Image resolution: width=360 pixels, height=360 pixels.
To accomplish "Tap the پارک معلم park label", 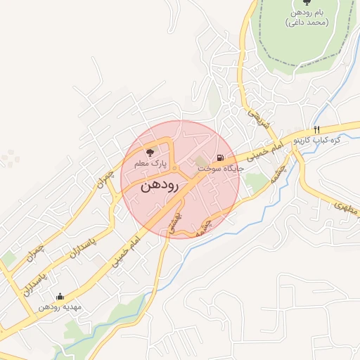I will tap(150, 163).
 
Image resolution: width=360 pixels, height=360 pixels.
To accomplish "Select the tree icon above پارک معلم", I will tap(149, 151).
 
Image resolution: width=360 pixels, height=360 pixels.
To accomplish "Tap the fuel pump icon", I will tap(221, 157).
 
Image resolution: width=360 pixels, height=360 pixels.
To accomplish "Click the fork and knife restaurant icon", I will tap(317, 129).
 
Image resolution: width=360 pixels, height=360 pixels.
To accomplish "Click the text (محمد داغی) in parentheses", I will tap(307, 24).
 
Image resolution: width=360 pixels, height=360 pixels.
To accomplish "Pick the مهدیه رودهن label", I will tap(60, 307).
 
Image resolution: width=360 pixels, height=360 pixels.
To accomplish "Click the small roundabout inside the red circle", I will tap(174, 169).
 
